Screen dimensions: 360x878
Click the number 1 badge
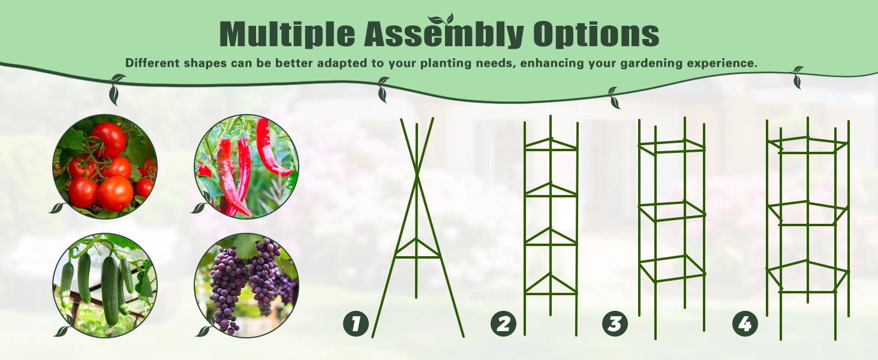[356, 325]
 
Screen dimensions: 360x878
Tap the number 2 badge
[503, 325]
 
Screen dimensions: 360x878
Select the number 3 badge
[615, 325]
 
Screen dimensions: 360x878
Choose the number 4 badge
[745, 325]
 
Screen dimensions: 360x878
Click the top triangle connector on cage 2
[551, 145]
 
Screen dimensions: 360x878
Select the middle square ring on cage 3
[672, 211]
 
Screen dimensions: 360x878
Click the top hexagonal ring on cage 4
[808, 145]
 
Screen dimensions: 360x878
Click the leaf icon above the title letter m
[441, 20]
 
